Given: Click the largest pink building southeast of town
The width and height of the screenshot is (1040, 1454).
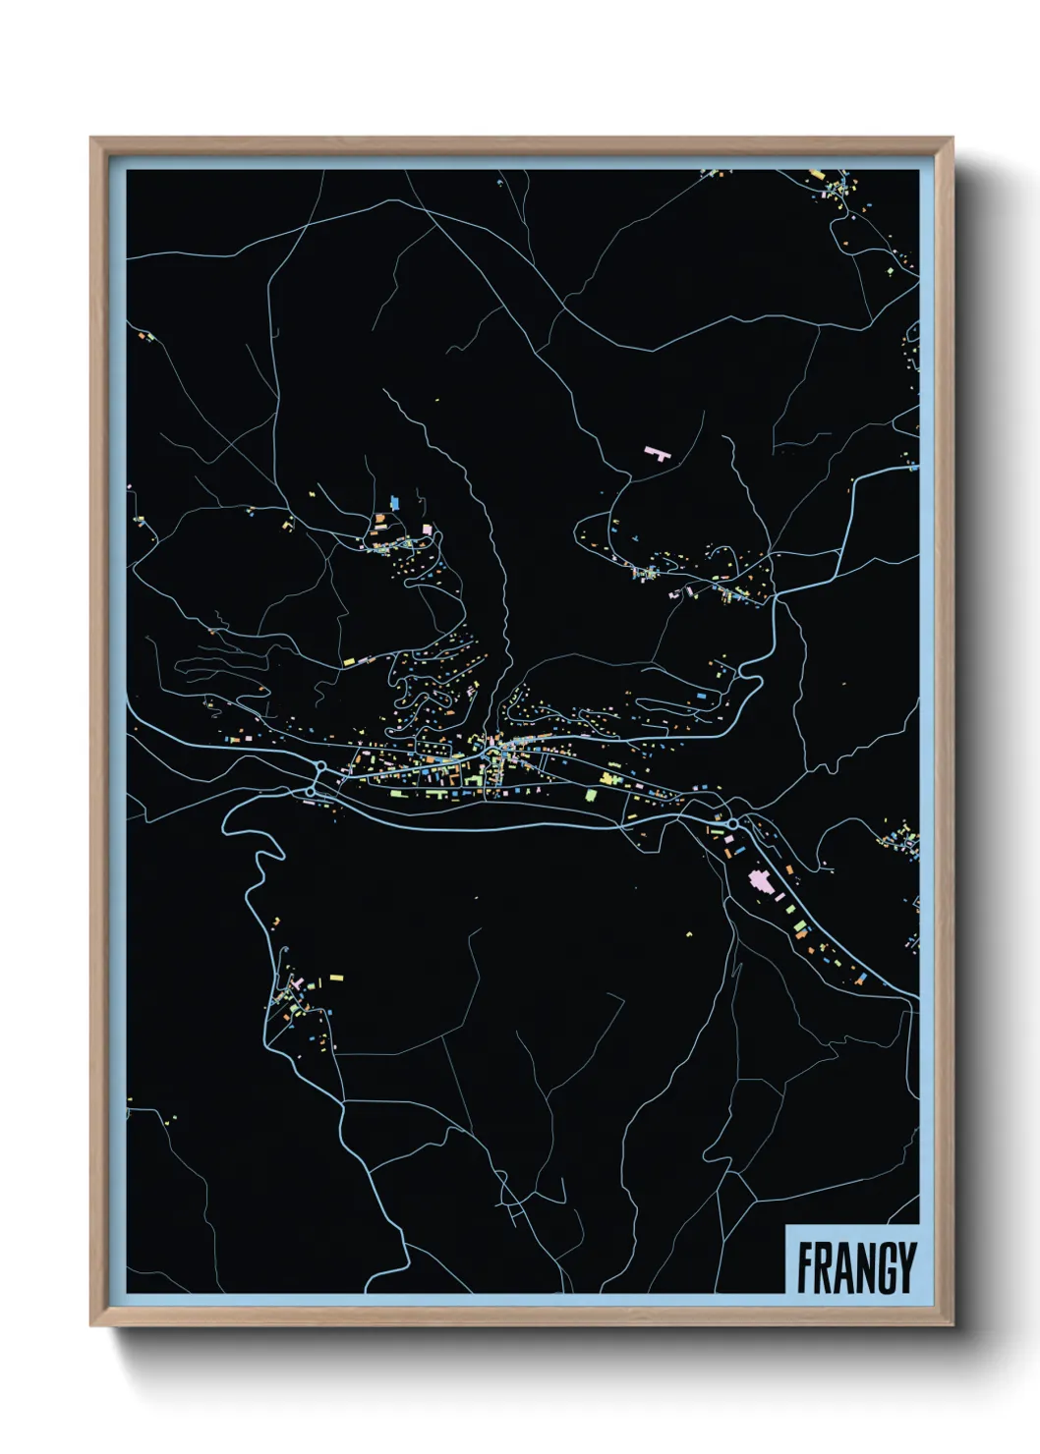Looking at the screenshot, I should click(x=760, y=879).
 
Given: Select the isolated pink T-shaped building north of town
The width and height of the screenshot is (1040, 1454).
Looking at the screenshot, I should click(x=656, y=453).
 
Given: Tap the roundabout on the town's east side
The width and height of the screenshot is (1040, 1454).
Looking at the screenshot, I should click(x=733, y=823).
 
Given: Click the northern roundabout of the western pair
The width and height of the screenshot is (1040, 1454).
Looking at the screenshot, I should click(x=320, y=767).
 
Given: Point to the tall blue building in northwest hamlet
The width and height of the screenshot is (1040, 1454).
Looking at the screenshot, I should click(x=395, y=502).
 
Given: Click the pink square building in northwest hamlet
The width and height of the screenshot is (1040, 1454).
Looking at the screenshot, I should click(x=427, y=530).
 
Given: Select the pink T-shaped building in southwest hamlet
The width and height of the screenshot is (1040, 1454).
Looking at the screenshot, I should click(x=296, y=980).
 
